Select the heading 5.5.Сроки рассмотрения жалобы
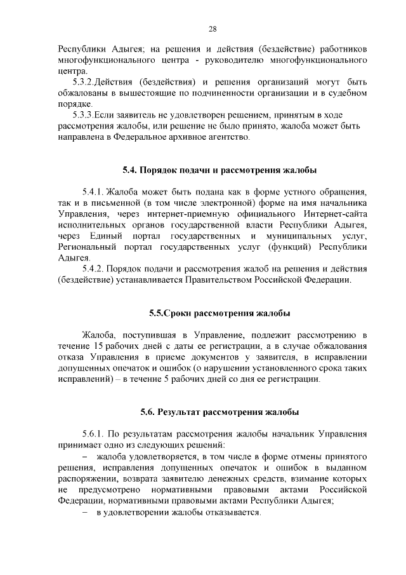click(x=219, y=314)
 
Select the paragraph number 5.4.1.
click(x=93, y=192)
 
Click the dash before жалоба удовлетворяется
click(x=85, y=457)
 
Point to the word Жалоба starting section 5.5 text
click(x=98, y=334)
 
